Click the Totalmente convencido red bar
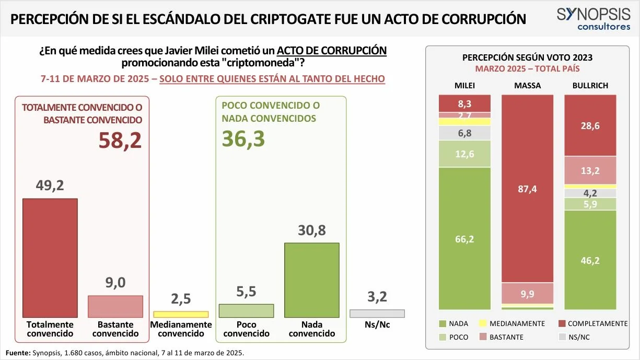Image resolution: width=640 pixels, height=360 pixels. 50,258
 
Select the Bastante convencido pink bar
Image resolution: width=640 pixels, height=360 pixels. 115,306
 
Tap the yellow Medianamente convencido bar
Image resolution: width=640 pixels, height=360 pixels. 181,315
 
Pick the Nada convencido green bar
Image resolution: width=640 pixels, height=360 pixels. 312,280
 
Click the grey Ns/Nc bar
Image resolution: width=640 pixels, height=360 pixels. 377,313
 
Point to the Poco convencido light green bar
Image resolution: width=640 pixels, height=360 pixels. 246,310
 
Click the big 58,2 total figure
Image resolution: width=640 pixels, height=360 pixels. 120,140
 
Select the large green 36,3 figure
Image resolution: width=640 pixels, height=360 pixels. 243,139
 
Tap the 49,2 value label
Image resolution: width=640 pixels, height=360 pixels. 50,185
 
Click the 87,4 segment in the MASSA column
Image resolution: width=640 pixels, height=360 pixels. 528,189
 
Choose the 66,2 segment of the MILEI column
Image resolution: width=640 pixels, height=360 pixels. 464,238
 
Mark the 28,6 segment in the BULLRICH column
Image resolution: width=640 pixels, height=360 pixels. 590,125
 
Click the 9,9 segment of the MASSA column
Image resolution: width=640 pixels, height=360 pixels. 528,294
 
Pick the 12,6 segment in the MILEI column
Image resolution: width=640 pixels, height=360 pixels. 464,154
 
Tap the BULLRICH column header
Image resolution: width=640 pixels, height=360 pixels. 590,86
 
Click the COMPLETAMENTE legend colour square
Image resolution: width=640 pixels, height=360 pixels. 562,323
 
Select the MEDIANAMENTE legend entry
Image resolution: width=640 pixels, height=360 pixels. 511,323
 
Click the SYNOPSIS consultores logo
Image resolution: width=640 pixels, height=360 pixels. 594,19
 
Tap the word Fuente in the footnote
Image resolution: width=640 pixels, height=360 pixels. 18,353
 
